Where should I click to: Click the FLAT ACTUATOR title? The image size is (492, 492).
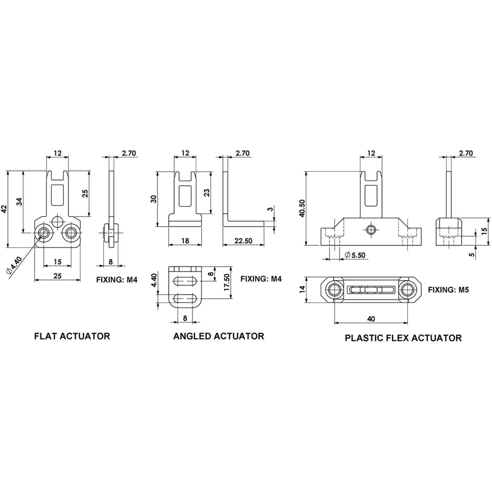click(x=72, y=336)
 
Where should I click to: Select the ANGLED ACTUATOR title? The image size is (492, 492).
click(x=218, y=336)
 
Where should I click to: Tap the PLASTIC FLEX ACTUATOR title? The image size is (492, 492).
click(x=403, y=338)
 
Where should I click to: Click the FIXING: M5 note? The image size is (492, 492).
click(x=448, y=290)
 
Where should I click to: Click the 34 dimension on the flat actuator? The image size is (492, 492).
click(x=20, y=202)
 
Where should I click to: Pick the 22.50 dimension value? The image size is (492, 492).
click(x=243, y=241)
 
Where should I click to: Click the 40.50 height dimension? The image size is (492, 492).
click(x=302, y=208)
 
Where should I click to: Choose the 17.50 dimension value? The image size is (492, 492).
click(x=226, y=282)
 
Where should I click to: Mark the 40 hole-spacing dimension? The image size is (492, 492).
click(x=371, y=319)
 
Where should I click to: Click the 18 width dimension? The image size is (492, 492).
click(x=185, y=241)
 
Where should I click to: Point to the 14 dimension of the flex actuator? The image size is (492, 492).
click(x=302, y=289)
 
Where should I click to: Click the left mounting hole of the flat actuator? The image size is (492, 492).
click(x=43, y=233)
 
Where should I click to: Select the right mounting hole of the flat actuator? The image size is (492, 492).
click(x=71, y=233)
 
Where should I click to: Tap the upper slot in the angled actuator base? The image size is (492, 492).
click(x=185, y=281)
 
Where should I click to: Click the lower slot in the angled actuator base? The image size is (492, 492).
click(x=185, y=298)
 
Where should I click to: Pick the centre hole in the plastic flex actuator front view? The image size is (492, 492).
click(x=371, y=229)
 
